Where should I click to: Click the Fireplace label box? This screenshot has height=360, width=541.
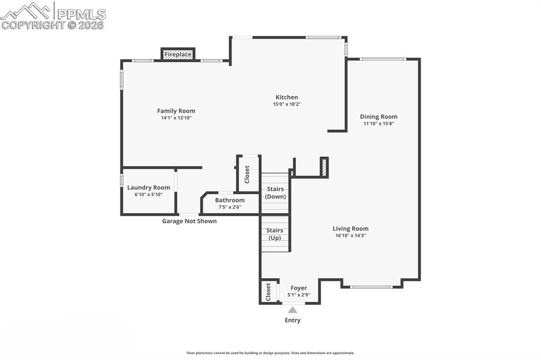coord(178,54)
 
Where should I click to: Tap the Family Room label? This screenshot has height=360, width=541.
coord(176,111)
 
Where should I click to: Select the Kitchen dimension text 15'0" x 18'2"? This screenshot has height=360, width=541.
coord(286,105)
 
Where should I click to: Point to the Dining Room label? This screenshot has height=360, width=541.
coord(378,117)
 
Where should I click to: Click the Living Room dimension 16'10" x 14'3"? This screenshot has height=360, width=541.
coord(350,235)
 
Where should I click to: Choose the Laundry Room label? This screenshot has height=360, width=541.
coord(148,187)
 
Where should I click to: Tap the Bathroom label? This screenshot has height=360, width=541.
coord(230,200)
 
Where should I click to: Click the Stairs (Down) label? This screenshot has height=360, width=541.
coord(275,193)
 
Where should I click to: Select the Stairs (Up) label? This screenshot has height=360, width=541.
coord(274,234)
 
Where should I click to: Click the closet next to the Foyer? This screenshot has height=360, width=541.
coord(268,291)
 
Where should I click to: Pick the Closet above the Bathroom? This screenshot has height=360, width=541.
coord(247,175)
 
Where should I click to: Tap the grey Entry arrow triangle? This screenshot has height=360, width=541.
coord(292,310)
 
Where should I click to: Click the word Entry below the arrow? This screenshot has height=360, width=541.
coord(292,320)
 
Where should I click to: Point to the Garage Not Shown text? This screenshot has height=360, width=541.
coord(189,221)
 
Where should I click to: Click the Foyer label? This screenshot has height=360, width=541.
coord(299,288)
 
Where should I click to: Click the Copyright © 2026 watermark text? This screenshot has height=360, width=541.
coord(53,25)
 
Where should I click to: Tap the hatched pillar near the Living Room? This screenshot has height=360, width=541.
coord(324,167)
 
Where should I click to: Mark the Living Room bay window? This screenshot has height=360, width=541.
coord(372,287)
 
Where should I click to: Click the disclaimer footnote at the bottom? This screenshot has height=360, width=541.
coord(270,353)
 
